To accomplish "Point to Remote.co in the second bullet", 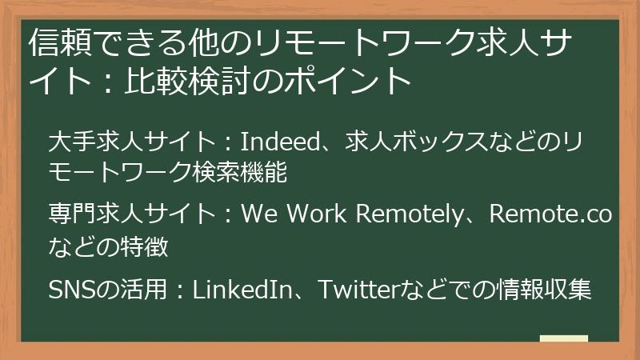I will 550,214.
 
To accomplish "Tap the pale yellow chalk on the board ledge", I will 563,339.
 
